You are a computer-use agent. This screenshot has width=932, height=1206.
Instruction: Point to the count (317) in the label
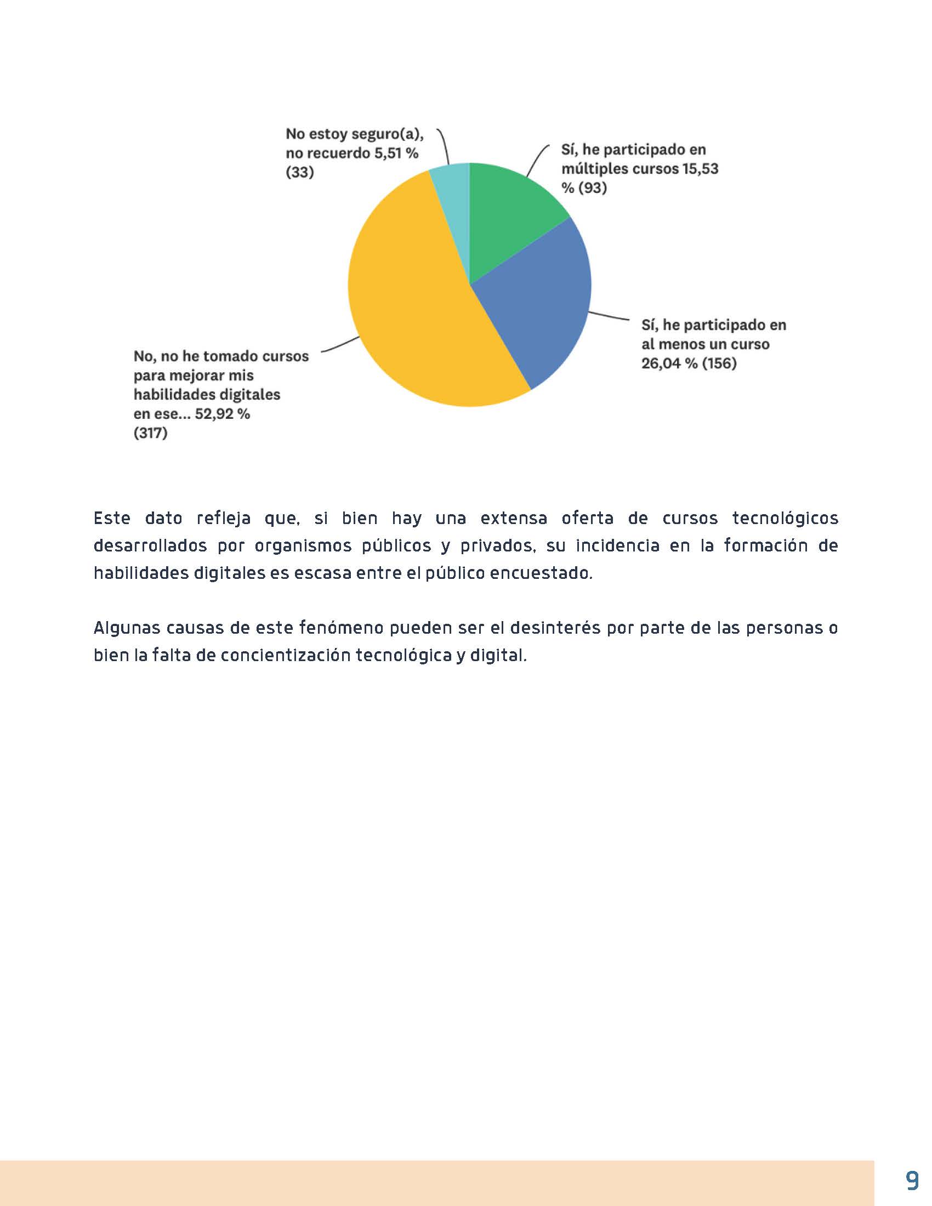pos(150,433)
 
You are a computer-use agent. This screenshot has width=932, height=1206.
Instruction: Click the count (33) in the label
pos(300,172)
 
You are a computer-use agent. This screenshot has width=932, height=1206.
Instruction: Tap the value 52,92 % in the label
pos(222,413)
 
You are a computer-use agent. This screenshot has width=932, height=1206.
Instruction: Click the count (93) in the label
pos(593,187)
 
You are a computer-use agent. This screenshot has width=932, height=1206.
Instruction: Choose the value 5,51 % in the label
pos(396,153)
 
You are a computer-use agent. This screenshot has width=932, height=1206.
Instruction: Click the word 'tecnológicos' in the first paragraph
pos(785,518)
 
